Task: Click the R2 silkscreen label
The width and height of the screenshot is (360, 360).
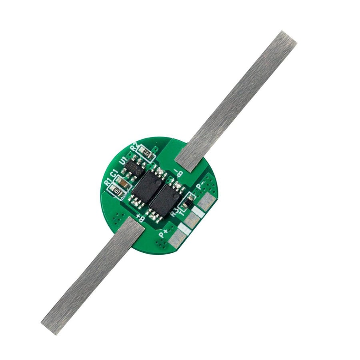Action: [134, 147]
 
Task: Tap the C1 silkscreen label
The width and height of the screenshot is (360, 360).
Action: [114, 175]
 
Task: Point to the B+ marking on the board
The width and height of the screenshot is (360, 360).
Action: [140, 218]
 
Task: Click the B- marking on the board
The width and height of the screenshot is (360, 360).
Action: [178, 173]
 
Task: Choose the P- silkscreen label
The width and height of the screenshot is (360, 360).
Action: [201, 184]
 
